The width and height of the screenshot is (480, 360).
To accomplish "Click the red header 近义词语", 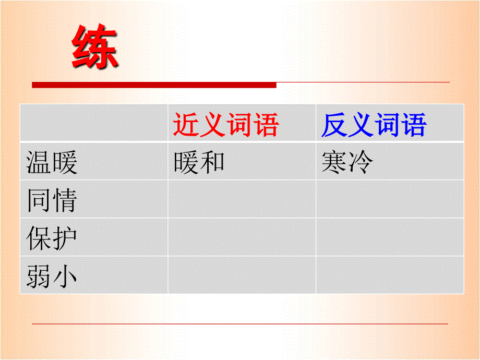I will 226,125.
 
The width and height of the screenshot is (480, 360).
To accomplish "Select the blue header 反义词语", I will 374,125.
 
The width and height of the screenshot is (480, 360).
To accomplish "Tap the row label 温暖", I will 52,162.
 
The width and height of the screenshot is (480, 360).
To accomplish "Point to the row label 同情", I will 52,200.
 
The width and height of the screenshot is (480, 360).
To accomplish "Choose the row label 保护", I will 52,238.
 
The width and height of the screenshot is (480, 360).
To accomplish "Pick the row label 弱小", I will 52,277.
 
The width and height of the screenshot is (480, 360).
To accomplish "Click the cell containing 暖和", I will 199,162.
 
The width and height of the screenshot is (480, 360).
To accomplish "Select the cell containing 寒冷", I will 347,162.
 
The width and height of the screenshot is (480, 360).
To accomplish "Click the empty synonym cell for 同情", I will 242,199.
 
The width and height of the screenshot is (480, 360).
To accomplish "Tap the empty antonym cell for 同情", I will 389,199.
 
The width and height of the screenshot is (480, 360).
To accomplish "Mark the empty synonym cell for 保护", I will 242,237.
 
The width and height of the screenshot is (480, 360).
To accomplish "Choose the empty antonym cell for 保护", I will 389,237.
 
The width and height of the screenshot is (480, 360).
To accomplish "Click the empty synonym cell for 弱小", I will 242,275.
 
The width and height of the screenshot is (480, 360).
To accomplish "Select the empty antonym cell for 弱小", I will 389,275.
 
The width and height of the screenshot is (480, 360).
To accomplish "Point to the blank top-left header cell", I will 94,123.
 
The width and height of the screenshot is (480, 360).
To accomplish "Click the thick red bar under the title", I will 154,85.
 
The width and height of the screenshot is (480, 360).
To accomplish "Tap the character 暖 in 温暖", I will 65,162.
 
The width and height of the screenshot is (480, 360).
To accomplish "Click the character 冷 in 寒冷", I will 361,162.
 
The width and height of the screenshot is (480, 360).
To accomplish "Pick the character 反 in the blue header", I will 334,125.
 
